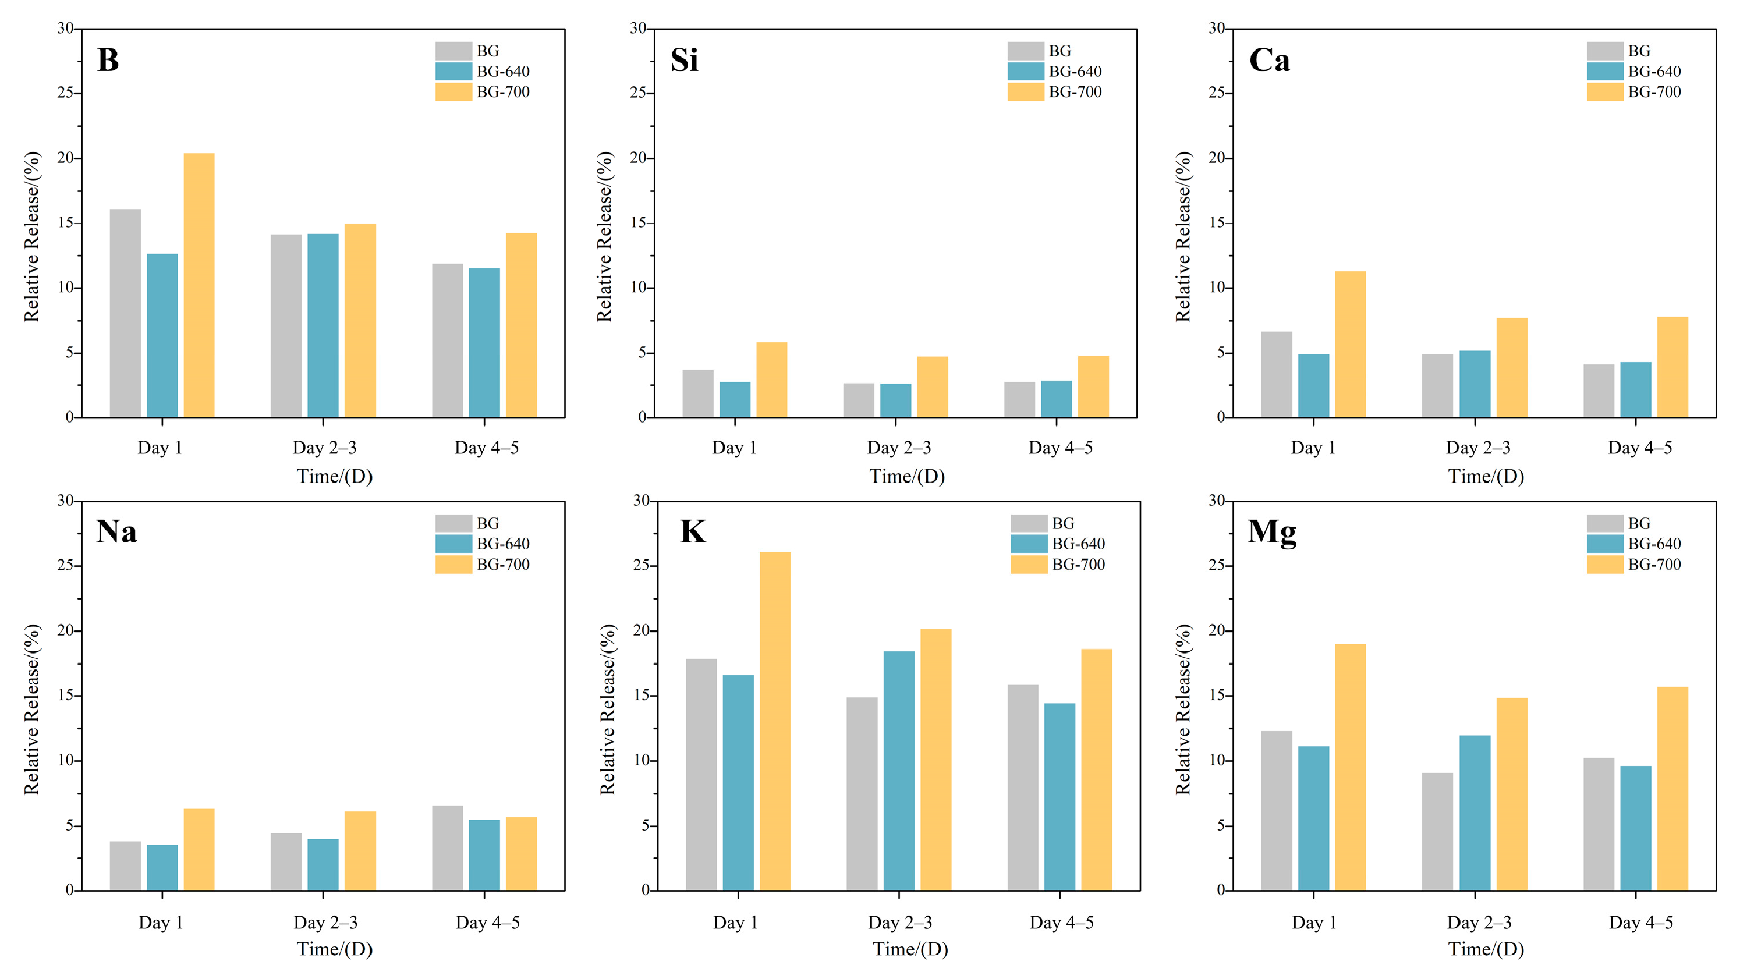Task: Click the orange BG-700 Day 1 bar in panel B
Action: click(199, 285)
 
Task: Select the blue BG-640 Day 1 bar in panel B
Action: click(162, 336)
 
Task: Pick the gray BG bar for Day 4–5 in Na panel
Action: click(447, 847)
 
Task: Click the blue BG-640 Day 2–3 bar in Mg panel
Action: click(1475, 812)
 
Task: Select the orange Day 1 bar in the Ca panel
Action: click(1350, 344)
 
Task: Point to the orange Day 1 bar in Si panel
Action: click(771, 379)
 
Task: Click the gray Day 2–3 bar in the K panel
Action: click(862, 793)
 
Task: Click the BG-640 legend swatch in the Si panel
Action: click(1025, 71)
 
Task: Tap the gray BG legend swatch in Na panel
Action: click(453, 523)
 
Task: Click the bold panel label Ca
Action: click(1269, 61)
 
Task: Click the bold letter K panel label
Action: click(692, 531)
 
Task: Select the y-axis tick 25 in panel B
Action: click(65, 93)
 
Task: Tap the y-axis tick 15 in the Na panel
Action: click(65, 696)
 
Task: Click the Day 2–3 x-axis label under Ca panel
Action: click(1478, 448)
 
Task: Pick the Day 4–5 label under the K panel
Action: click(1061, 923)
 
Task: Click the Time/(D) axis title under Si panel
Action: click(907, 477)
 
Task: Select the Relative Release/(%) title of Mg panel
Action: click(1183, 708)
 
